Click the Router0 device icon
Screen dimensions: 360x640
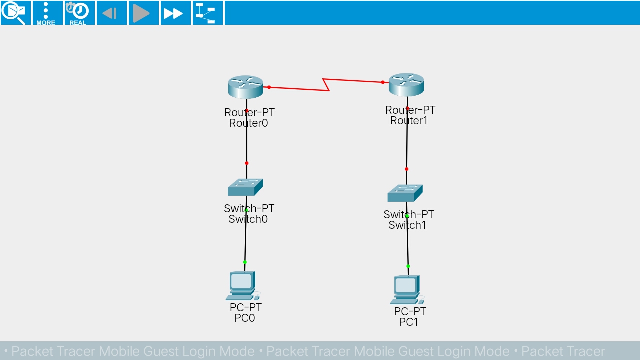[x=245, y=87]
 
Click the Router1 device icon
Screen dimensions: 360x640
[x=406, y=84]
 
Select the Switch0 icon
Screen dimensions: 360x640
[x=245, y=187]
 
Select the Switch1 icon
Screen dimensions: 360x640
[x=405, y=193]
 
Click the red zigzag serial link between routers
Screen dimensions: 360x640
[x=326, y=85]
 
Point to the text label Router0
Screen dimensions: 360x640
[x=248, y=123]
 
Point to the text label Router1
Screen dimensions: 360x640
[x=409, y=121]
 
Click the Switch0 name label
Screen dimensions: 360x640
[x=248, y=219]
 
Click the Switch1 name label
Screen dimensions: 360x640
[x=407, y=225]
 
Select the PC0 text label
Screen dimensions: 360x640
[x=245, y=318]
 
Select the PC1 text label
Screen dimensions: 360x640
[x=409, y=322]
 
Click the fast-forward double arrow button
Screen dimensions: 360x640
[x=173, y=13]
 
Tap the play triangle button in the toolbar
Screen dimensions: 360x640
[x=142, y=13]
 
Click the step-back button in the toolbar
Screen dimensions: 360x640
[x=110, y=13]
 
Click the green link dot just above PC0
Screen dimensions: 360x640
[x=245, y=262]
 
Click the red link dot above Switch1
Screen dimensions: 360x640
[x=406, y=169]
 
